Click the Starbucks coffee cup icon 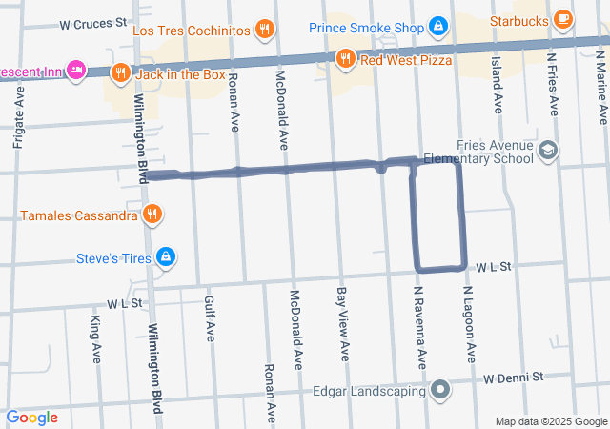pos(563,18)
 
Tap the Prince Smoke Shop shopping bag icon pos(438,27)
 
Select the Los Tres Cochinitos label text pos(191,31)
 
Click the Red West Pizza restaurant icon pos(348,60)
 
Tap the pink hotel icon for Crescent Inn pos(77,71)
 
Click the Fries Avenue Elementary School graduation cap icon pos(548,150)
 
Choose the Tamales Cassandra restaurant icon pos(152,214)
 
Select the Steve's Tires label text pos(114,257)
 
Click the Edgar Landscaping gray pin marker pos(440,390)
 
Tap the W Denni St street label pos(512,378)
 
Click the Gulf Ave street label pos(210,317)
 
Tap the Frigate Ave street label pos(19,116)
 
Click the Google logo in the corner pos(32,418)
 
